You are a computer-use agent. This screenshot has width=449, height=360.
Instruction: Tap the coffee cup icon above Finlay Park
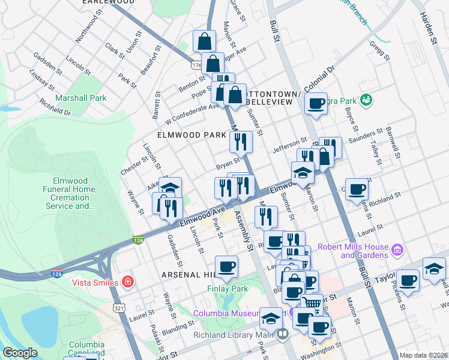tap(226, 266)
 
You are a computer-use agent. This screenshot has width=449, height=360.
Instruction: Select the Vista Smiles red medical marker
tap(127, 281)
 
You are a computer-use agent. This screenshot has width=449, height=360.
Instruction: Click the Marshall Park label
tap(80, 98)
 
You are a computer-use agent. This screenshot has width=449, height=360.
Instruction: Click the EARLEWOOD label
tap(108, 2)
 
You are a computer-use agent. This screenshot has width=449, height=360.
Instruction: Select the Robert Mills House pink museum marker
tap(397, 249)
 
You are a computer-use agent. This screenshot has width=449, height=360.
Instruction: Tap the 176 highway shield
tap(196, 64)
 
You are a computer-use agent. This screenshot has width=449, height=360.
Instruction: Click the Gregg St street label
tap(377, 51)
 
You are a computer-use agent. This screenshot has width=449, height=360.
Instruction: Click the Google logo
tap(20, 353)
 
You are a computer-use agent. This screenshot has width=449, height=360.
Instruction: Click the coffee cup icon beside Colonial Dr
tap(316, 104)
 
